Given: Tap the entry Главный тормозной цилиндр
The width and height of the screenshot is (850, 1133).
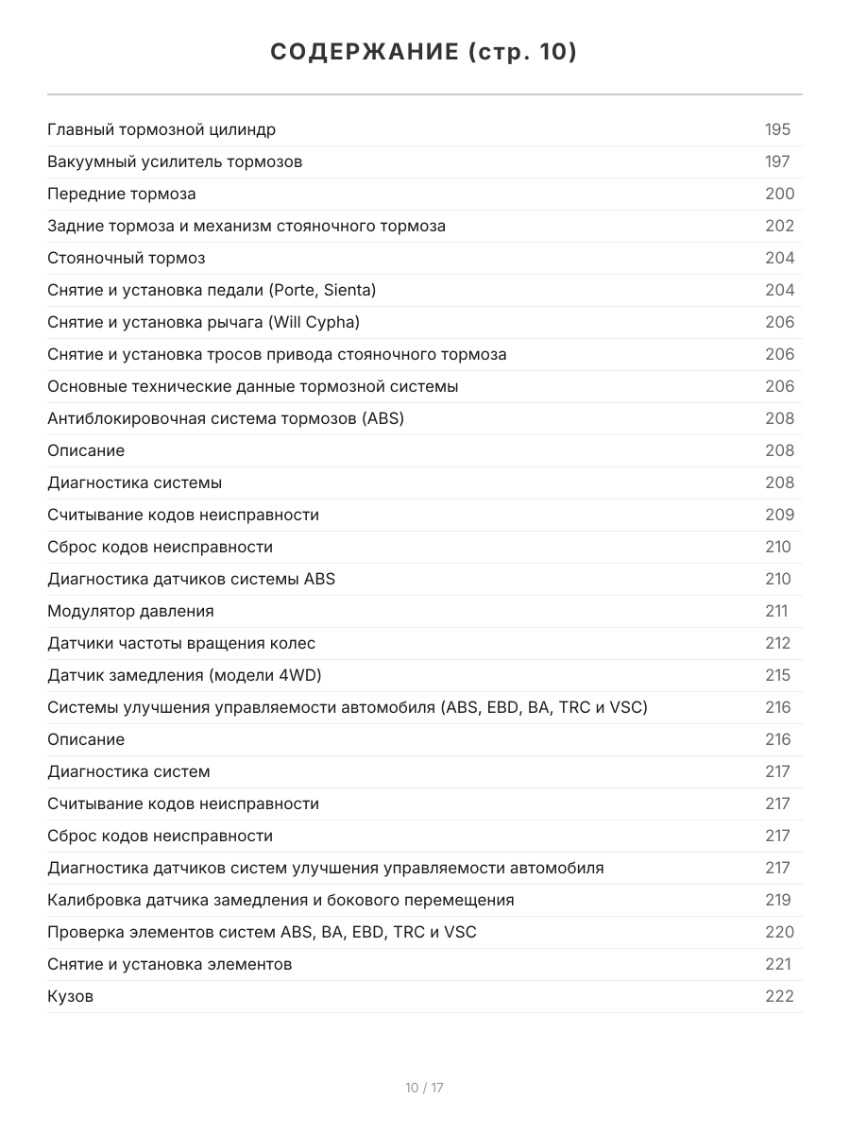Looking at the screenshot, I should [161, 129].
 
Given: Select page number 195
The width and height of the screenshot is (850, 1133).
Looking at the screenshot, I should [777, 129].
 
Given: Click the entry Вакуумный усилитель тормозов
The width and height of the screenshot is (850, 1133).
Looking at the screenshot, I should [175, 161].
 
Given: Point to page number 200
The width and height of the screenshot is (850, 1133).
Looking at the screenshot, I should [779, 194].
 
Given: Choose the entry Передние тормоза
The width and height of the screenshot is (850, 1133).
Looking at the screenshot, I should [122, 194].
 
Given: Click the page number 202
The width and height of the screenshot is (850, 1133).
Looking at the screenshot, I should [779, 226].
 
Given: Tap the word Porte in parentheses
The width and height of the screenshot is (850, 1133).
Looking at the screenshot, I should [294, 290].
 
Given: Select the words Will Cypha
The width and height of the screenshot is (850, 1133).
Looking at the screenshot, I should [314, 322].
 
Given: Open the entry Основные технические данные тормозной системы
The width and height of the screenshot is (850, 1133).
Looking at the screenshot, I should [253, 386].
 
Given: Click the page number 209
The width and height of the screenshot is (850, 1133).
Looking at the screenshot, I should [779, 515].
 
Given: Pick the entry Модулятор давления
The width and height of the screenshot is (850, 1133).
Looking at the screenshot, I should [130, 611].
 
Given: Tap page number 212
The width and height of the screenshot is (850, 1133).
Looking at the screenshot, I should [777, 643].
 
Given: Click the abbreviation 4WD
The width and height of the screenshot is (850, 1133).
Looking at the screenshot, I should [307, 675].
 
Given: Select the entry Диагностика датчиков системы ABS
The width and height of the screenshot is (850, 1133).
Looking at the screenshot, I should [191, 579].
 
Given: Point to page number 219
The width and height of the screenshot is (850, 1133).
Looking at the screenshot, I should [777, 900].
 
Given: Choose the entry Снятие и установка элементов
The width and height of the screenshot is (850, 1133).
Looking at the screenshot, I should [169, 964].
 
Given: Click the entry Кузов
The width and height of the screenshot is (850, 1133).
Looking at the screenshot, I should [70, 996].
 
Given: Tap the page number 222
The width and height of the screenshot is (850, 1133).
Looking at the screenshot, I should [779, 996].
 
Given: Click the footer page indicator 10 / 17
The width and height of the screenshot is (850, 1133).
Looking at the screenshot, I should [424, 1088].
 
